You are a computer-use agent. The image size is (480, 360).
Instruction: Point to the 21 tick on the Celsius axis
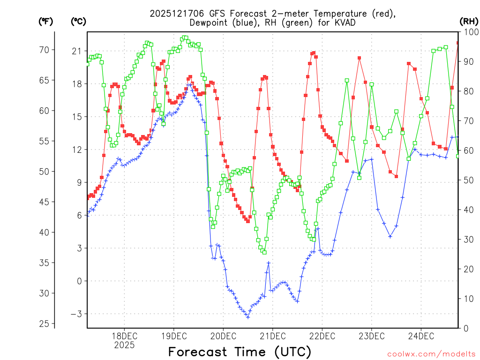76,51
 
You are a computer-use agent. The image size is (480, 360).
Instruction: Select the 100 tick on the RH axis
468,32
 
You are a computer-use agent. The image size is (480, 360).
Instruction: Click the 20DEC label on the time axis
223,336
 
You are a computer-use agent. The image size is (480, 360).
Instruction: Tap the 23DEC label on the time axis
372,336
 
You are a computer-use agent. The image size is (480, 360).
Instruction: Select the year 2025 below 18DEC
124,345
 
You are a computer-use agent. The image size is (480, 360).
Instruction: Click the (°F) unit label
45,21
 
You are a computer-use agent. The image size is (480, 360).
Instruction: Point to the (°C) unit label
78,21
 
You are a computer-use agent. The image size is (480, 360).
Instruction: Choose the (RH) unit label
469,21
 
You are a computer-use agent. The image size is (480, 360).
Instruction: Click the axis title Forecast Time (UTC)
240,352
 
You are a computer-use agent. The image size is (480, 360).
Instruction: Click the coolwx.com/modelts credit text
431,354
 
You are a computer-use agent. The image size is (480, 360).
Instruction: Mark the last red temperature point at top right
458,43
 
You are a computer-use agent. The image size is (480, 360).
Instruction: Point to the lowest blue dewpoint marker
247,317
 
